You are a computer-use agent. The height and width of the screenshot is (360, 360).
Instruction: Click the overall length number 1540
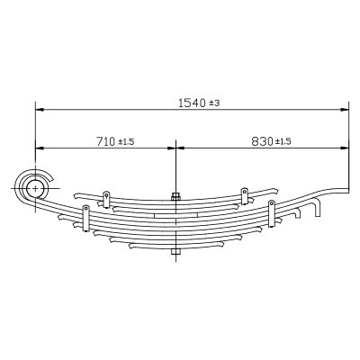(192, 103)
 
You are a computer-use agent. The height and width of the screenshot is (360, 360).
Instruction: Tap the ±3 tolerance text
(214, 103)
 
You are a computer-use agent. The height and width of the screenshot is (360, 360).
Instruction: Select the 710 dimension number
(105, 141)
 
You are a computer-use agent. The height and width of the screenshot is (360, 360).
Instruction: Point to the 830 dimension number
(262, 141)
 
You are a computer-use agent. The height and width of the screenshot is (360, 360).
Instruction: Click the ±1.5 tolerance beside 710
(126, 141)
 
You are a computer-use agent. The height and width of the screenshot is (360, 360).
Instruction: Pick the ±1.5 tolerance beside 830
(283, 141)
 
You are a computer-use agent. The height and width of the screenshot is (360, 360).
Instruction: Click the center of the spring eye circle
(36, 188)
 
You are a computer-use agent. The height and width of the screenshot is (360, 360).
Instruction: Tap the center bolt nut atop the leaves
(175, 197)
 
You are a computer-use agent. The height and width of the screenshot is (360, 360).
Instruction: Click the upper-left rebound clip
(106, 200)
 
